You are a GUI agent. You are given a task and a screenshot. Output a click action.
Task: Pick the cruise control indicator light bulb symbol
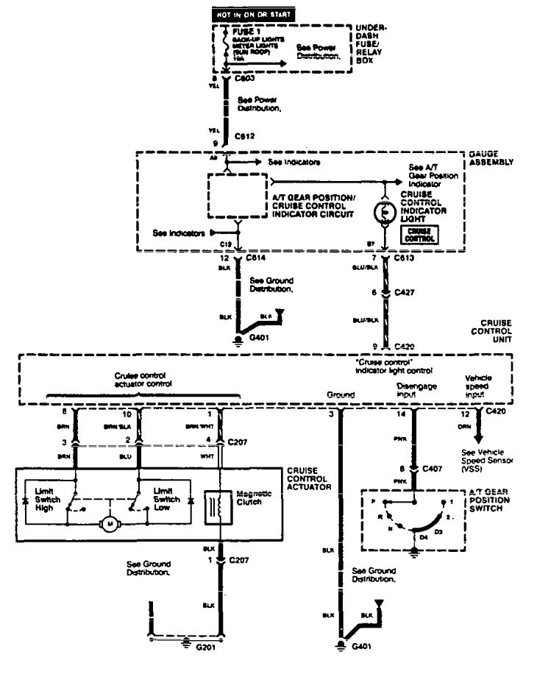384,211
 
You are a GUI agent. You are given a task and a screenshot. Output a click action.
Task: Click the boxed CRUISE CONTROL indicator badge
417,235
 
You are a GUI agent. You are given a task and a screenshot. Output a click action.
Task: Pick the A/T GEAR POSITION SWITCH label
491,501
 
